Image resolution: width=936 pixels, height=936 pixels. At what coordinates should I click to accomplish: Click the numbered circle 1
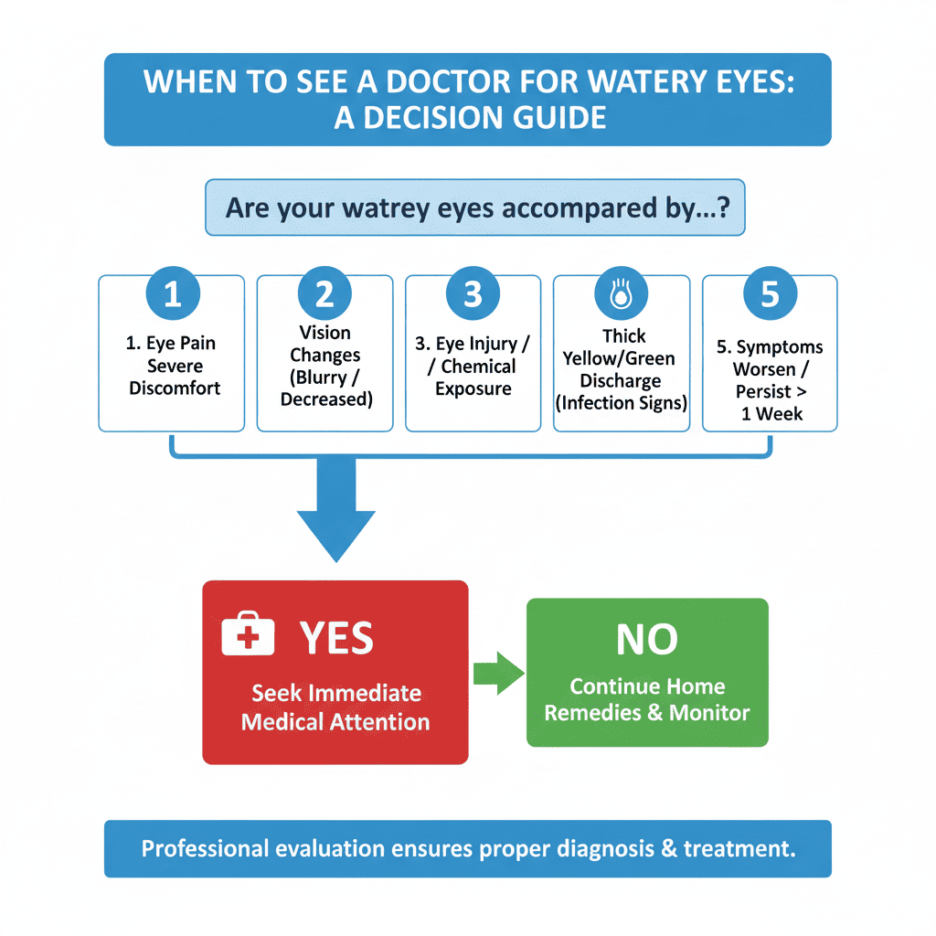(172, 295)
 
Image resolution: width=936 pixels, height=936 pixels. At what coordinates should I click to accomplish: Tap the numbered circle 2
(324, 295)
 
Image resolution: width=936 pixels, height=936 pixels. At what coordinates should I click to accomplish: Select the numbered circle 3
(473, 295)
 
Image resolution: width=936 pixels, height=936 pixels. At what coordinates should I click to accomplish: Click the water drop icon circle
(622, 295)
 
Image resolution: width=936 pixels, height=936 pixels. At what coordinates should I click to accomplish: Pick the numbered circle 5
(770, 295)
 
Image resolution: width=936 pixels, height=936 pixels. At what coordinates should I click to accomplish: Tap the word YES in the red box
(336, 639)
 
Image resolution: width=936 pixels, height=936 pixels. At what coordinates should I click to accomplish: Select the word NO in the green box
(647, 641)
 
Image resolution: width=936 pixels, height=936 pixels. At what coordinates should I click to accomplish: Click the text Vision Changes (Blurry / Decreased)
(324, 366)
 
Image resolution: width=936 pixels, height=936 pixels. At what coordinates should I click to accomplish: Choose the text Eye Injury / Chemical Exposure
(473, 367)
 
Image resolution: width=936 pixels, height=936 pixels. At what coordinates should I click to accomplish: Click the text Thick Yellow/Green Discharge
(622, 369)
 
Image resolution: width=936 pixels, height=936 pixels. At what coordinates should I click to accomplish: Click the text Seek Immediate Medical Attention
(335, 707)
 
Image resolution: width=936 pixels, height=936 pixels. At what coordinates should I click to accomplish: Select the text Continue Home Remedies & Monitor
(647, 699)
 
